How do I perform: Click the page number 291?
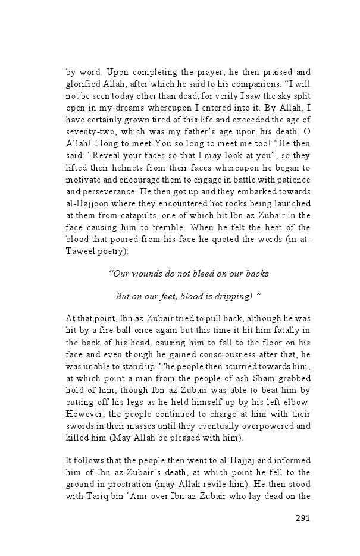303,517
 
